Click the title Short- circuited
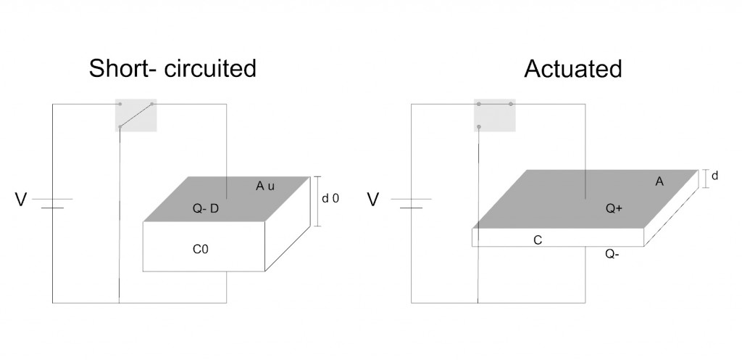tap(172, 69)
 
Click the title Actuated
tap(572, 69)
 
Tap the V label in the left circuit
tap(20, 199)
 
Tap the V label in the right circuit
tap(373, 199)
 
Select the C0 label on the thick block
tap(201, 249)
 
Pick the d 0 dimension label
tap(331, 198)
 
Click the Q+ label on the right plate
tap(614, 209)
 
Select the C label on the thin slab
tap(538, 240)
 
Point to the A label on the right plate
tap(659, 182)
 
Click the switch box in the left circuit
tap(136, 115)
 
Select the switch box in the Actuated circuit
tap(495, 115)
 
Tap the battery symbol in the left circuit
tap(52, 202)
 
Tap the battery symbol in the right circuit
tap(411, 202)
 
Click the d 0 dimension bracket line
tap(317, 201)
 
